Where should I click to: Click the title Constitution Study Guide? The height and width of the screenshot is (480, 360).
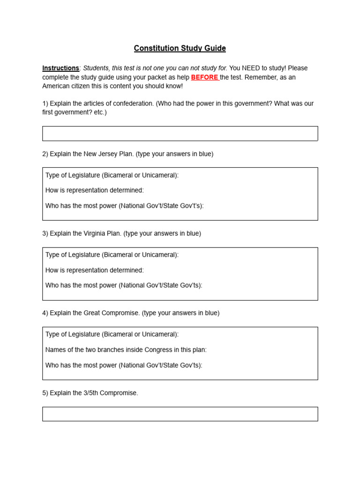(x=180, y=48)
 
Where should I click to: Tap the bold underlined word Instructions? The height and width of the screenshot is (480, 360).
(x=60, y=68)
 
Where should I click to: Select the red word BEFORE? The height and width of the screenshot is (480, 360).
(x=204, y=77)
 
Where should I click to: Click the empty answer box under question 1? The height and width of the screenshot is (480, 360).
(x=180, y=134)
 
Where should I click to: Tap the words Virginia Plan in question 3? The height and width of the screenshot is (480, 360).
(x=102, y=233)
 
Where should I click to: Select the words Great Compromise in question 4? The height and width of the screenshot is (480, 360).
(x=112, y=313)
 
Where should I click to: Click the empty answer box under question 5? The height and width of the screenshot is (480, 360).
(x=180, y=414)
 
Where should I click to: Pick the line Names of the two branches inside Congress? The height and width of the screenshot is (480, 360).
(x=126, y=350)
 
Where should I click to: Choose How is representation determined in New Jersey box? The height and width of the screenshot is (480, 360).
(x=94, y=190)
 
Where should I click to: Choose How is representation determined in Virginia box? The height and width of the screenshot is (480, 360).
(x=94, y=270)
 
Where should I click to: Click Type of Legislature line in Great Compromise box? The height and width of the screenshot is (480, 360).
(x=112, y=335)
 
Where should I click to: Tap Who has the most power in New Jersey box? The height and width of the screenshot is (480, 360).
(x=124, y=206)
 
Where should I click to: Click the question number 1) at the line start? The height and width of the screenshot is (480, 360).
(x=45, y=104)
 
